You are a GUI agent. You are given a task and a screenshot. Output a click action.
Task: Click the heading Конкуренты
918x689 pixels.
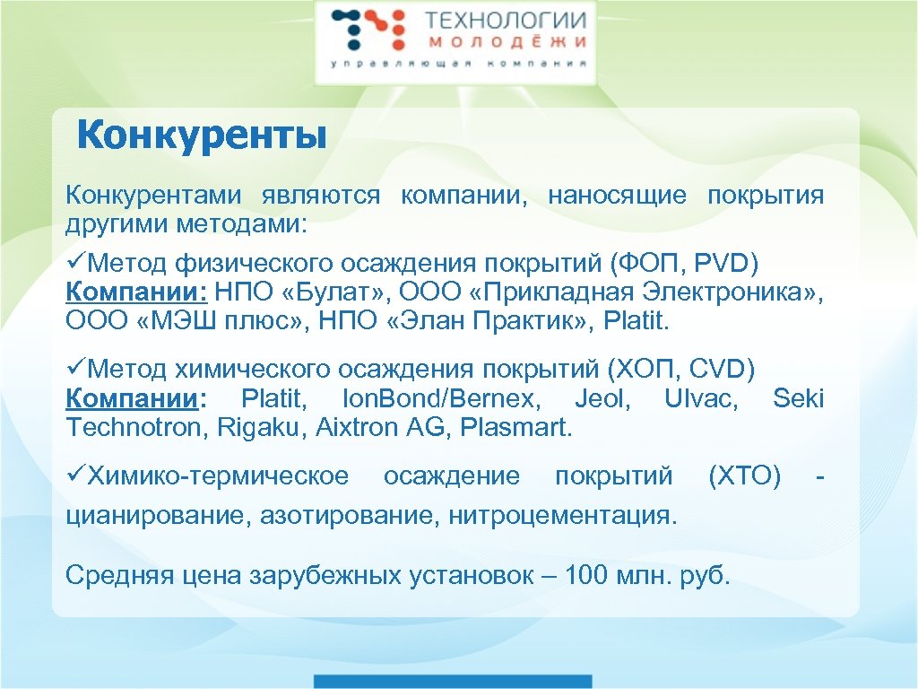point(201,136)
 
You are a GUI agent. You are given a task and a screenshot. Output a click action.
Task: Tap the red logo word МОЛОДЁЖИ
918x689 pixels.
point(505,42)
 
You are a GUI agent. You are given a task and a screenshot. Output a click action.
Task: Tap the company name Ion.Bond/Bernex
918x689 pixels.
point(440,399)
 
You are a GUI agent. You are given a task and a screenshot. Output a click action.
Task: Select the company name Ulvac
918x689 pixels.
point(700,399)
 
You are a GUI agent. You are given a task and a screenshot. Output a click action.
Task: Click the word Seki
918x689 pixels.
point(798,399)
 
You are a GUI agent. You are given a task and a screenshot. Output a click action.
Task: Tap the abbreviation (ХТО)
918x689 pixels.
point(744,475)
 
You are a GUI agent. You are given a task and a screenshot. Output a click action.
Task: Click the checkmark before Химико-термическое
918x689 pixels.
point(75,475)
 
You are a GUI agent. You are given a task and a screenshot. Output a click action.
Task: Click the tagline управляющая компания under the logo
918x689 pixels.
point(458,65)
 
